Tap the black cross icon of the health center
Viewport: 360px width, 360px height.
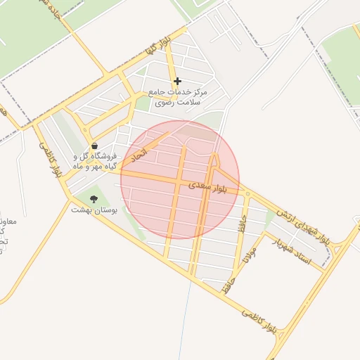[x=177, y=82]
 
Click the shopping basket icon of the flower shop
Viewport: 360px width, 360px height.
[x=94, y=146]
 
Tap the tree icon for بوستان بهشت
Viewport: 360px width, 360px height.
[x=94, y=199]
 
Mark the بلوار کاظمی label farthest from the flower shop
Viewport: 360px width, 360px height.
[x=264, y=321]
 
